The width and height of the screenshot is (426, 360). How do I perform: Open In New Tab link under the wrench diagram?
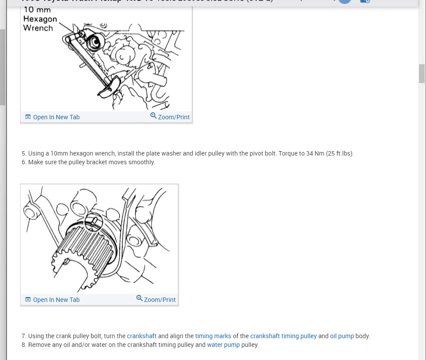[56, 117]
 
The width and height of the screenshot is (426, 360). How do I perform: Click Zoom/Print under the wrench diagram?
[173, 117]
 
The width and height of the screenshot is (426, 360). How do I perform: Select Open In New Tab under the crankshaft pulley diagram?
[56, 300]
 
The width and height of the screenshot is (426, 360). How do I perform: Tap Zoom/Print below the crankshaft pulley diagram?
[159, 300]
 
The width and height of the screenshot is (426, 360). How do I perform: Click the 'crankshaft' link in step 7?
[142, 336]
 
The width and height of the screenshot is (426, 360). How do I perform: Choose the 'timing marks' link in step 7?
[213, 336]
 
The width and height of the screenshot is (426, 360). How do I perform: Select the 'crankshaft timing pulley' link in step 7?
[283, 336]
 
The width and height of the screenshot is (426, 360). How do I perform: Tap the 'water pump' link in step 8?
[223, 345]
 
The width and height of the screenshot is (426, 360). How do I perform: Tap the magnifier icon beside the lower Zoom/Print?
[139, 298]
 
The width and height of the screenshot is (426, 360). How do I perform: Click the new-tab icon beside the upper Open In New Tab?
[28, 117]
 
